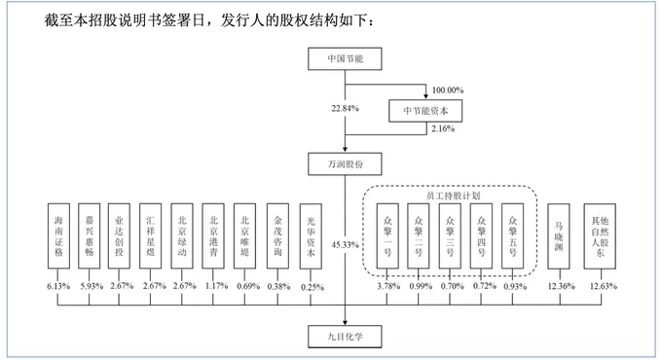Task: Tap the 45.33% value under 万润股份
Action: pos(347,244)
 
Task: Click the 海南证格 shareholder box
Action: pos(58,235)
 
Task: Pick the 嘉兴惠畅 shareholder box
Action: pos(90,235)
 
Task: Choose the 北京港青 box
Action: pos(215,235)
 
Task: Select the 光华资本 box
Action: pos(310,235)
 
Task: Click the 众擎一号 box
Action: pos(388,235)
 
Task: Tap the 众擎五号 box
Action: pos(514,235)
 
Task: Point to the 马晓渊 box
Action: pos(560,235)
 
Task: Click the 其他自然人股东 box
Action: pos(600,235)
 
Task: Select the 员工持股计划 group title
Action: pos(451,197)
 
